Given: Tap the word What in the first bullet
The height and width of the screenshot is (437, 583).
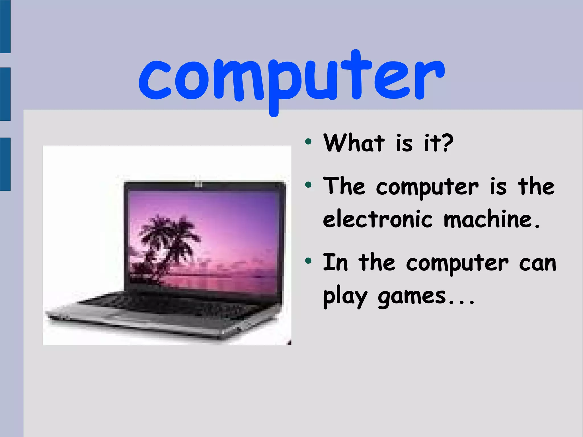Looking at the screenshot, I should click(x=354, y=143).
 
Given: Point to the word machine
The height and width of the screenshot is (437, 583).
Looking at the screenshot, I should click(x=488, y=219).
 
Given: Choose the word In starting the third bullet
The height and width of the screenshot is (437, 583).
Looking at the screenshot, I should click(x=335, y=262).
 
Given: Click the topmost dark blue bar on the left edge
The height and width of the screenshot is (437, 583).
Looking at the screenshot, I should click(x=5, y=26).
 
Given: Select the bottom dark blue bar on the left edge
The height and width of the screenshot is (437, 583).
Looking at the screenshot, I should click(x=5, y=164).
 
